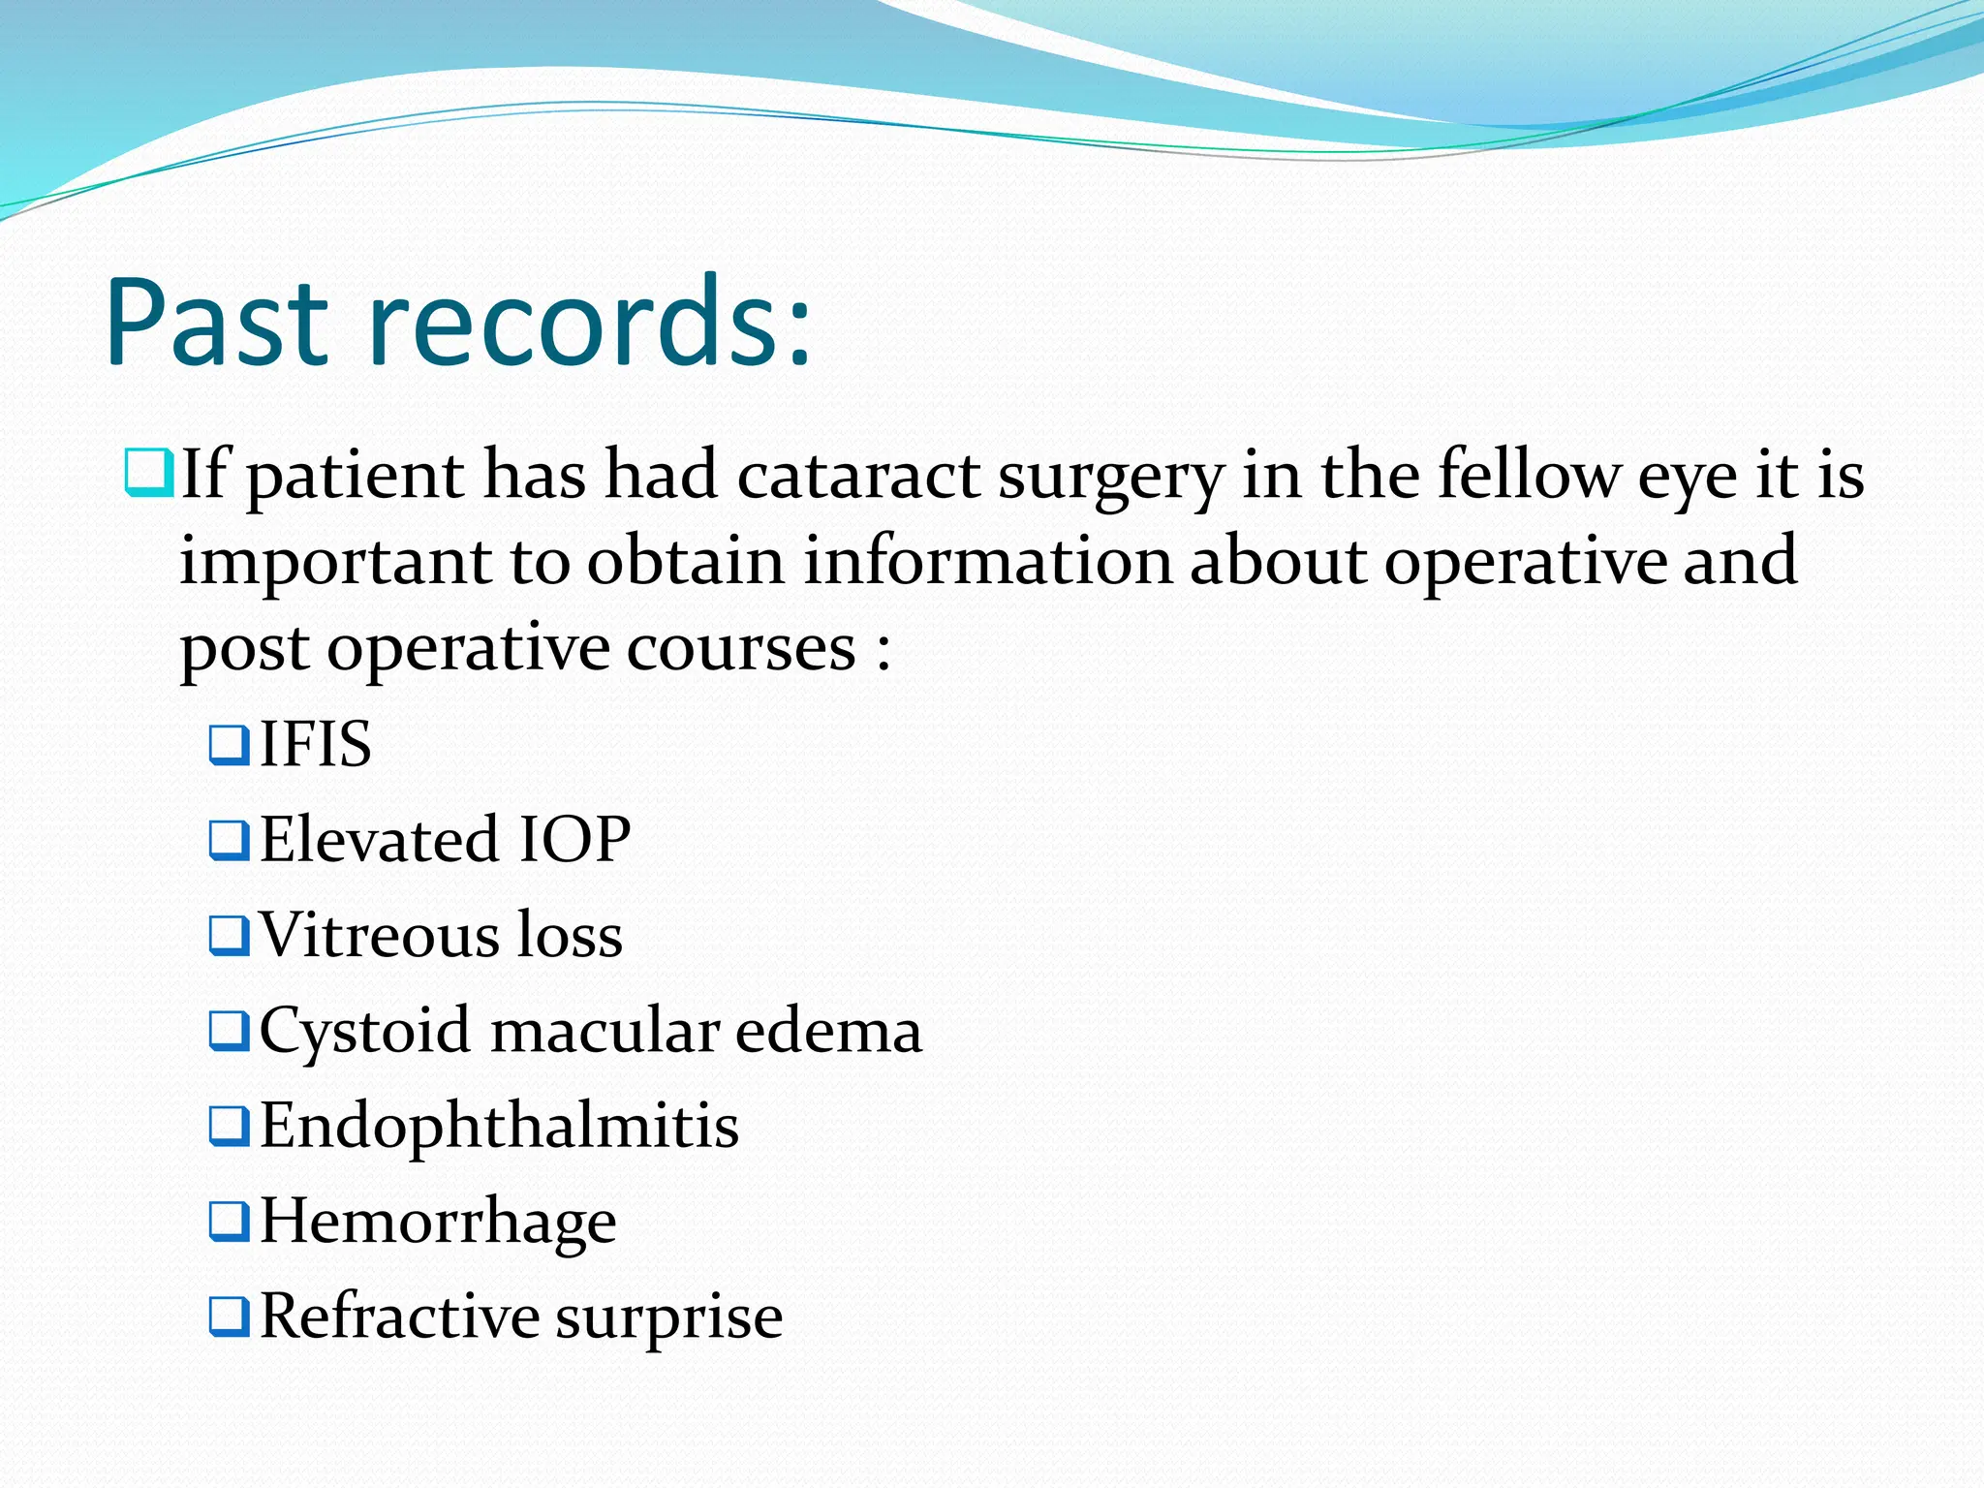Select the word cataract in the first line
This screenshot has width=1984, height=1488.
pos(858,476)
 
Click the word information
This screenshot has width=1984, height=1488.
pos(987,561)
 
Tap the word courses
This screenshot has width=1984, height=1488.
pos(741,649)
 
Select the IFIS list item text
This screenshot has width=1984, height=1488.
pos(315,744)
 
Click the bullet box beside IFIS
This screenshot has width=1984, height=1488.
pos(230,745)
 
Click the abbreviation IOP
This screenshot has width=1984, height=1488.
pos(574,839)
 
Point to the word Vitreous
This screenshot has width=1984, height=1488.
pos(379,935)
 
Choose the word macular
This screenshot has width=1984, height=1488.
pos(604,1030)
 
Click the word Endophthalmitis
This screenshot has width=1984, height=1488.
pos(499,1126)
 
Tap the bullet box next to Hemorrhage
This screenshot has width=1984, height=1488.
pos(230,1222)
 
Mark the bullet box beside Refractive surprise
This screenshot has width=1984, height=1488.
pos(230,1317)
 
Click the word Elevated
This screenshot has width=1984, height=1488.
pos(379,839)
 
